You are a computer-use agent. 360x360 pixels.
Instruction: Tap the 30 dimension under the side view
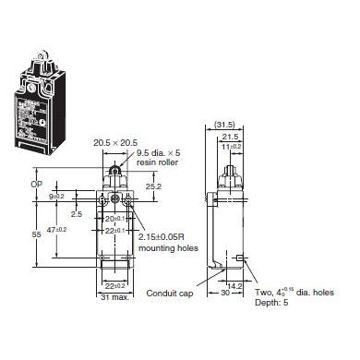(x=225, y=294)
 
